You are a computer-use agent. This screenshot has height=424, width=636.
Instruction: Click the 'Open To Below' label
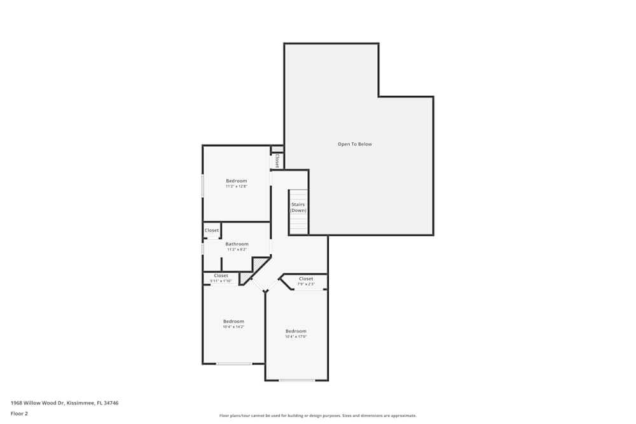354,144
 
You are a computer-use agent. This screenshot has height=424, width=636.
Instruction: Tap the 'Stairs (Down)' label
298,207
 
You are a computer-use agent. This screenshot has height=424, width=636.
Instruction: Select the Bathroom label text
237,244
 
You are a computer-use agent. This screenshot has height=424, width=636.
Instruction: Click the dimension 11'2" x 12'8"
236,187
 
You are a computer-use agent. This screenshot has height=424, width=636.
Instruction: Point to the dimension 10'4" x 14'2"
233,327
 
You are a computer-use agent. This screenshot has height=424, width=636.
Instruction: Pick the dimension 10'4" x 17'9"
296,337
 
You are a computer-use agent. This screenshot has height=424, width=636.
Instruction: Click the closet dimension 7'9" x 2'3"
306,284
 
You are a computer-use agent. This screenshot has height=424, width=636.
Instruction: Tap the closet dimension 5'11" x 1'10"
221,281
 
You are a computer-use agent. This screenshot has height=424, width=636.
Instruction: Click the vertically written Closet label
277,161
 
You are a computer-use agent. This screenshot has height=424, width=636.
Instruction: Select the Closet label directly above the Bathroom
212,230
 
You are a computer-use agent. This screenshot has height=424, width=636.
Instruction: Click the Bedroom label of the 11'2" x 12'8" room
236,181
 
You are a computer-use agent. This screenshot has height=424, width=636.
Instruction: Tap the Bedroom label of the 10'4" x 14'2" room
233,321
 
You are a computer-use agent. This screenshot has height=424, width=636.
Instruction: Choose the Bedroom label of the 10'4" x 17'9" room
296,331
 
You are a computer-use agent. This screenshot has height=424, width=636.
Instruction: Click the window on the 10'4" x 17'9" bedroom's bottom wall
297,380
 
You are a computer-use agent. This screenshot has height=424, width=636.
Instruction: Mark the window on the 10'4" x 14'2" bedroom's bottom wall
234,364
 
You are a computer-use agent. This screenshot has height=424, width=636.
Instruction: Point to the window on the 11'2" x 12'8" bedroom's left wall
203,186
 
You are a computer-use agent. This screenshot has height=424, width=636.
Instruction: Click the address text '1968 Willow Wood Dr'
38,403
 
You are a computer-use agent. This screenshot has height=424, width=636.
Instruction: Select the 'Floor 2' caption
19,413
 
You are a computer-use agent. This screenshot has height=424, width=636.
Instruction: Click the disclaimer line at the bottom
318,416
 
